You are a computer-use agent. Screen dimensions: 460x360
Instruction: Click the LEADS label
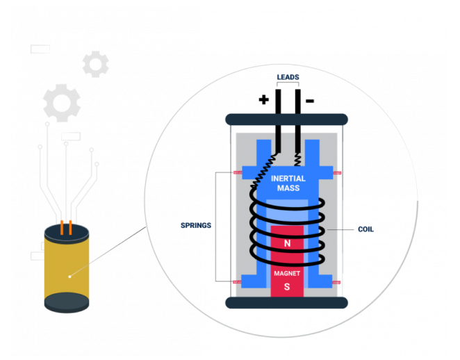click(288, 77)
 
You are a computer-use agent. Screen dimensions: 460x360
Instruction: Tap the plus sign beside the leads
click(264, 100)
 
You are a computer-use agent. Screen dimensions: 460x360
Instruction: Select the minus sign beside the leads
click(310, 101)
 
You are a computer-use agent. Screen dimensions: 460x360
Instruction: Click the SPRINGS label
click(196, 225)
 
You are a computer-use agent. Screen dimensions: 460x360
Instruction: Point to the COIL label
click(365, 229)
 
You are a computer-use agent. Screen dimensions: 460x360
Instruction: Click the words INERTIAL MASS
click(288, 183)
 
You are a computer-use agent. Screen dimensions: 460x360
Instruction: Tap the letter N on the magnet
click(287, 243)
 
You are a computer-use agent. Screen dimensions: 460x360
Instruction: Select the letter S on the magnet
click(287, 286)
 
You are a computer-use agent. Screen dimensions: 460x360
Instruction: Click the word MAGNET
click(287, 273)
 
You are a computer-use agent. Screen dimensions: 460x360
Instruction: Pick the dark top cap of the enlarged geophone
click(286, 120)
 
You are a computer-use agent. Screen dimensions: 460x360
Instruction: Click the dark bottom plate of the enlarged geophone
click(286, 302)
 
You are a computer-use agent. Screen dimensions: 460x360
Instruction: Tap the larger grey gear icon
click(62, 103)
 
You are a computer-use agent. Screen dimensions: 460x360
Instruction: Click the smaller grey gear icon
click(96, 64)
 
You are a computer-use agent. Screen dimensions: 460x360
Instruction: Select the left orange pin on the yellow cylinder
click(62, 227)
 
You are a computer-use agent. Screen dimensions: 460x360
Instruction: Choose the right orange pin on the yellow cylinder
click(70, 227)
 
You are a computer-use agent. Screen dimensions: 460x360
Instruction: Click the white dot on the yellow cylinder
click(69, 277)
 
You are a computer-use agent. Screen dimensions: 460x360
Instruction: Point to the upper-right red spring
click(337, 173)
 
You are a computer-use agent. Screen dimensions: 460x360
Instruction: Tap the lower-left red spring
click(237, 282)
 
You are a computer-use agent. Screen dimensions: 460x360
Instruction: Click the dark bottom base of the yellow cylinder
click(67, 302)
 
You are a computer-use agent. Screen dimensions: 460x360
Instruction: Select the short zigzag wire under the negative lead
click(297, 159)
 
